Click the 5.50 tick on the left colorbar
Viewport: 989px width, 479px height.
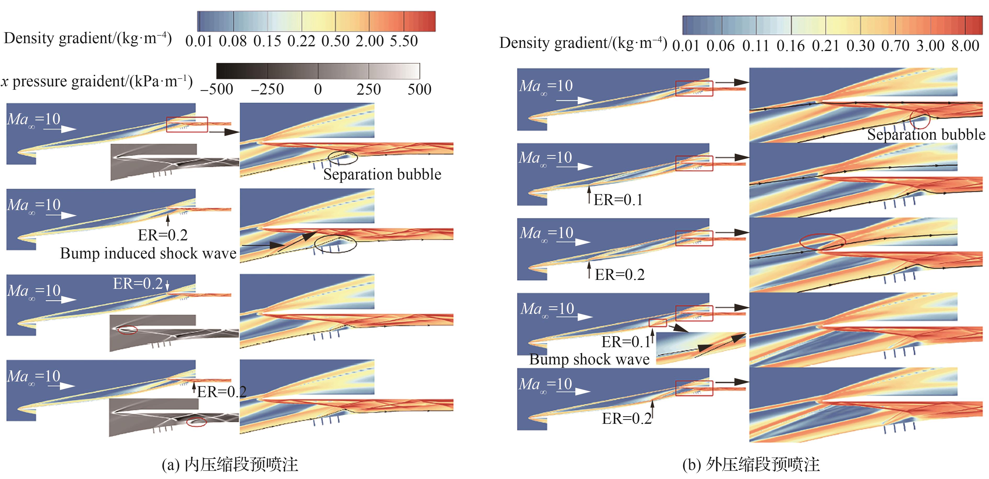[403, 41]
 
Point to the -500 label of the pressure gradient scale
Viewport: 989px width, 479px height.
[217, 89]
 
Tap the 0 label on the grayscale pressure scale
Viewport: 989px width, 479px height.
[318, 89]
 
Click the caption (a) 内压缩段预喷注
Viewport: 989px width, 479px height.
[230, 464]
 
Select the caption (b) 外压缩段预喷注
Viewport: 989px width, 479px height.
[751, 464]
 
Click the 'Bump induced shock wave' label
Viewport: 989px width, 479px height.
[148, 253]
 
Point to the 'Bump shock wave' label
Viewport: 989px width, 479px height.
[589, 359]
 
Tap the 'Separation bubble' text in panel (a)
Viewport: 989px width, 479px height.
[382, 174]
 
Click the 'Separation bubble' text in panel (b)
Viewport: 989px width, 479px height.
[926, 134]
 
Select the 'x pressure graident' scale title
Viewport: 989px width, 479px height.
[97, 81]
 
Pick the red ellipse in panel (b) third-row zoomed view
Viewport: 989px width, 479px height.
[822, 242]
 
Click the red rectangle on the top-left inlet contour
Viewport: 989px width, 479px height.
[187, 124]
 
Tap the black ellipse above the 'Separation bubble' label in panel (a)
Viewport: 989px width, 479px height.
[343, 157]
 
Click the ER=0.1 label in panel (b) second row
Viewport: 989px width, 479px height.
[618, 200]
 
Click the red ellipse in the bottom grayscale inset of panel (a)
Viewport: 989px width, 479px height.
[196, 422]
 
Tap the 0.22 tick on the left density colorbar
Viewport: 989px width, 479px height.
[301, 41]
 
